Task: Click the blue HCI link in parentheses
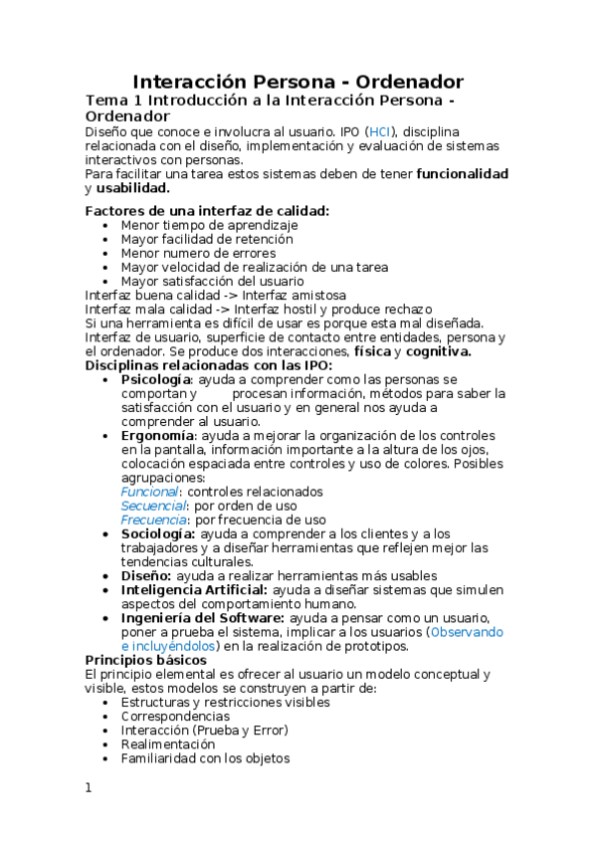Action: click(x=380, y=131)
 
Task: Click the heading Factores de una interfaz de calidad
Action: click(x=207, y=210)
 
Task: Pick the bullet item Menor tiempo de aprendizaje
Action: click(x=209, y=225)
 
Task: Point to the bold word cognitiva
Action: click(x=439, y=351)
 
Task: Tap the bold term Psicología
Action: click(x=155, y=379)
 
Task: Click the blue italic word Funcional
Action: click(x=149, y=492)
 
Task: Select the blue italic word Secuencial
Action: click(x=153, y=506)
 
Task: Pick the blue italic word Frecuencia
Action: click(x=153, y=520)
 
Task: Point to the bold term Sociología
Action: click(x=156, y=533)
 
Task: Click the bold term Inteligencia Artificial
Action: click(x=186, y=590)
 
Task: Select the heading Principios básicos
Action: click(x=145, y=660)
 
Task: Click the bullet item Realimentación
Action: click(x=167, y=743)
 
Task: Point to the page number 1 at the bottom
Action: click(x=89, y=787)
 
